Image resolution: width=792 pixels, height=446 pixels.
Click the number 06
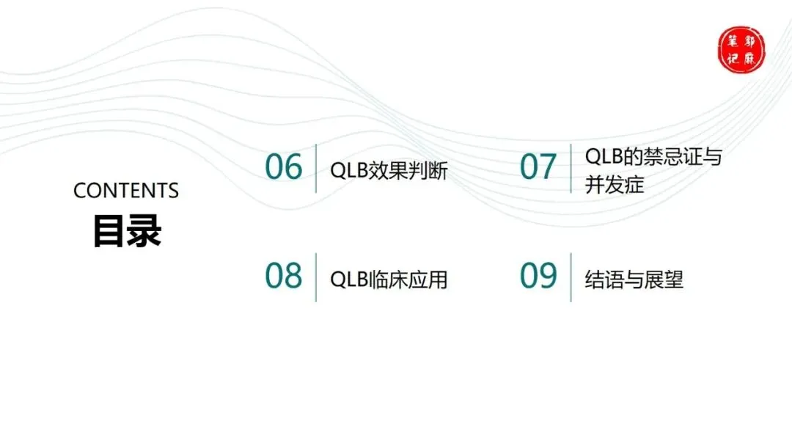(x=284, y=167)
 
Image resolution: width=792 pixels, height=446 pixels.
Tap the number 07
(x=538, y=167)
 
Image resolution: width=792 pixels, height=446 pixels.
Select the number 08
(x=284, y=276)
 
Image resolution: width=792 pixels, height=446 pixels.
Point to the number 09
(x=538, y=276)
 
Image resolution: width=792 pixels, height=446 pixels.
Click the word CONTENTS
(x=126, y=191)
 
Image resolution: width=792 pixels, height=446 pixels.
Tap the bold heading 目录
(x=127, y=231)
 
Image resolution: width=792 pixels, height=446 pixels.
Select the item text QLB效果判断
(x=389, y=171)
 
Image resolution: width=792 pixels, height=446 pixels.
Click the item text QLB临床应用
(x=389, y=279)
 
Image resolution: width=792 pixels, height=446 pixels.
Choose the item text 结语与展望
(x=634, y=279)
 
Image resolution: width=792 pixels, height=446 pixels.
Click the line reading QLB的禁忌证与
(x=653, y=156)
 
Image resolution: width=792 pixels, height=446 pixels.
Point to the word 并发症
(x=615, y=184)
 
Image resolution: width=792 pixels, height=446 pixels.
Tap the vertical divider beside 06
(x=316, y=168)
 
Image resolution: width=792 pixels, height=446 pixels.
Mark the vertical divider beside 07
(x=571, y=168)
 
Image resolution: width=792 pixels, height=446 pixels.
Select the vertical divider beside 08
(x=316, y=277)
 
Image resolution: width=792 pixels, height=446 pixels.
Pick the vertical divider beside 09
(x=571, y=277)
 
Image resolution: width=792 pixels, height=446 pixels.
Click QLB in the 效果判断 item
(x=348, y=171)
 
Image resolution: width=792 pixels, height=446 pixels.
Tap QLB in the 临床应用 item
(x=348, y=279)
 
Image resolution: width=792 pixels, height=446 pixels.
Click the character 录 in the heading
(x=144, y=231)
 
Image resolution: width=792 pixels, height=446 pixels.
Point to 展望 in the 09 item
(x=667, y=279)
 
